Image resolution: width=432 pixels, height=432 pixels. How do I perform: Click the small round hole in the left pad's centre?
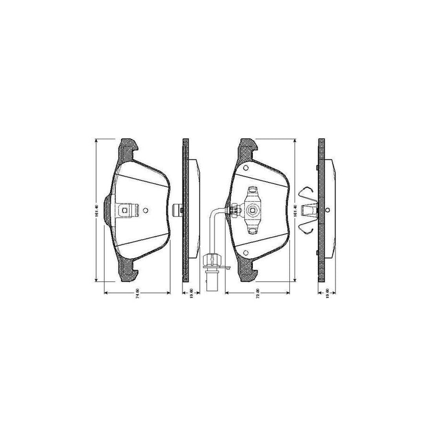147,209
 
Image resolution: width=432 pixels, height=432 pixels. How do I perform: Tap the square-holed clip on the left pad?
125,209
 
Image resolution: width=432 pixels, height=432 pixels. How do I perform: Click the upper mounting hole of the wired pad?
246,168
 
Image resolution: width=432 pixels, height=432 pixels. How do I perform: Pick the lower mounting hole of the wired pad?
245,253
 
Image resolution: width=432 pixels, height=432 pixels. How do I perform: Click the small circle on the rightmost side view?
327,210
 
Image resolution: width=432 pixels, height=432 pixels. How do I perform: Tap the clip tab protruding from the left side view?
178,209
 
